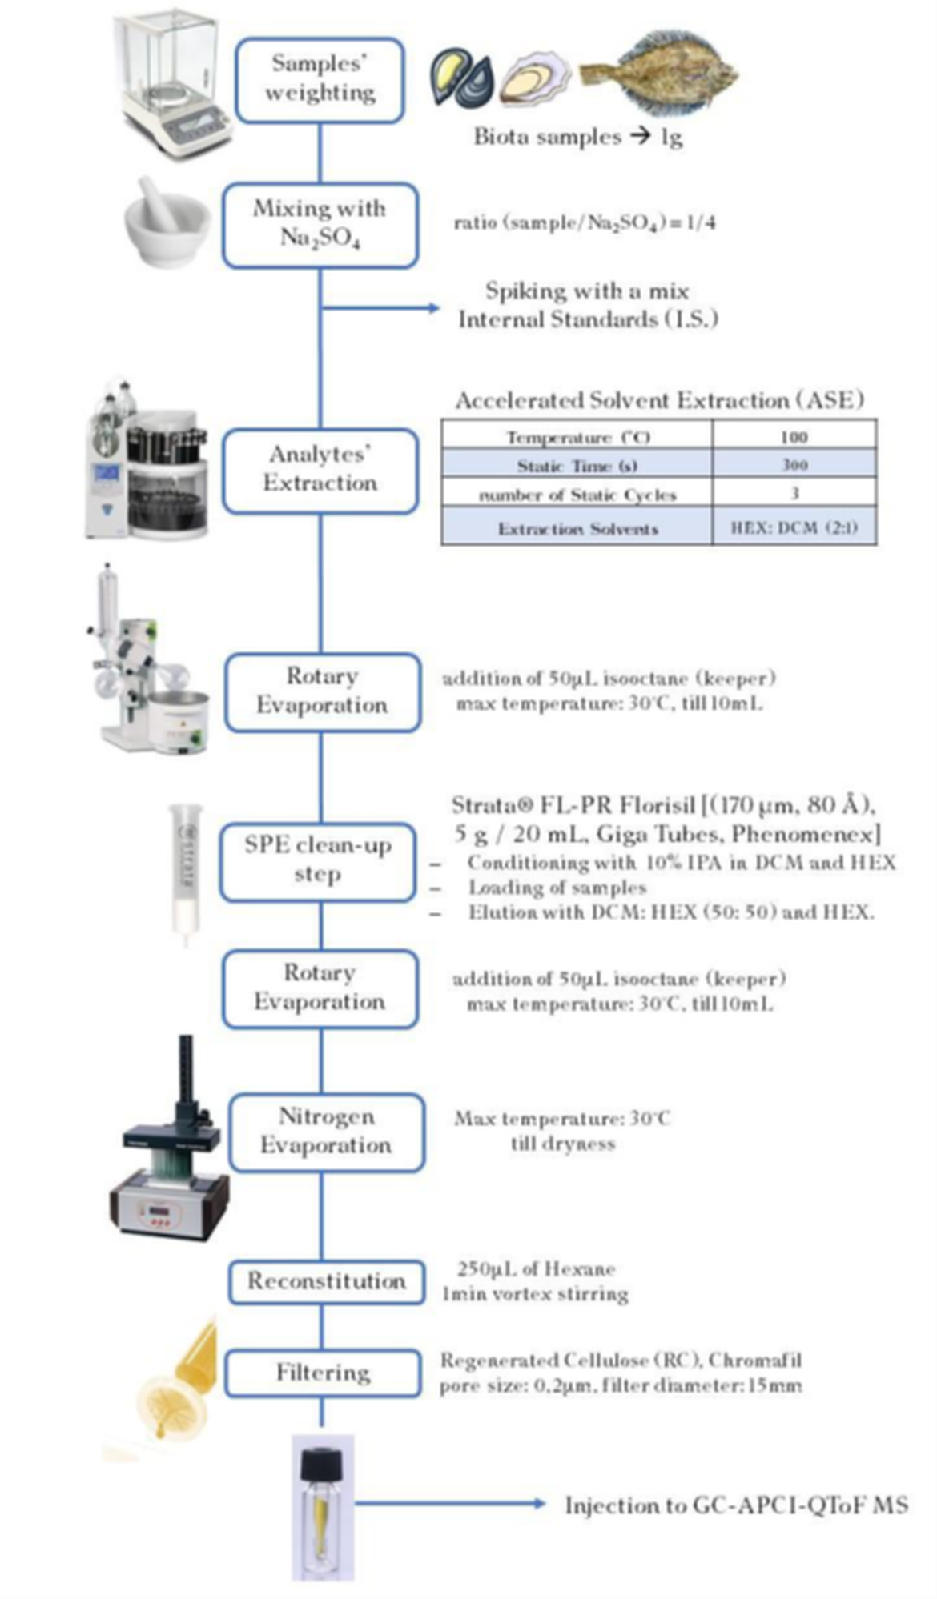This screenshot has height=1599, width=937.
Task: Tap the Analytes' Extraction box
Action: [x=320, y=471]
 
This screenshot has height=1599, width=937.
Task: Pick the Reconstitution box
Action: [x=326, y=1282]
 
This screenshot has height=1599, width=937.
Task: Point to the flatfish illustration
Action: [x=659, y=74]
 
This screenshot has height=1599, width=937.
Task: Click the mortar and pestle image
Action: [x=167, y=222]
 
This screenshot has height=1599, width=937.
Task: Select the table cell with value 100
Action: [x=794, y=436]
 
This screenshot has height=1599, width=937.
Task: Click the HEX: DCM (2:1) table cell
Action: [x=794, y=528]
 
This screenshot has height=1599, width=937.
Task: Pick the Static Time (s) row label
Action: [x=577, y=466]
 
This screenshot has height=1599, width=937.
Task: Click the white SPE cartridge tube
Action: [x=185, y=872]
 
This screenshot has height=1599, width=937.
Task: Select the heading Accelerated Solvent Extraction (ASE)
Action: [x=659, y=400]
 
